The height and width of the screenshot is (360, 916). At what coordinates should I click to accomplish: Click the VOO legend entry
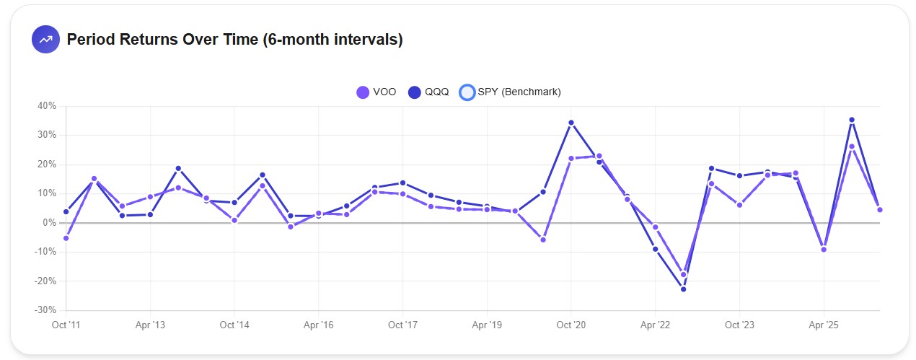point(376,92)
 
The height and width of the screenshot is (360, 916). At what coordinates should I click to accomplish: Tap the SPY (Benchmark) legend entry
point(510,92)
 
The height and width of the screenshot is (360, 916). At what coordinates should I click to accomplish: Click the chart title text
point(234,40)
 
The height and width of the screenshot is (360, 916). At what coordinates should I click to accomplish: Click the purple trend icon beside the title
point(45,40)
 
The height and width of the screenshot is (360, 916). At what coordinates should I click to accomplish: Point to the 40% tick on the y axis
point(47,106)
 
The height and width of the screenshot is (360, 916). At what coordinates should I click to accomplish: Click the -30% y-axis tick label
point(45,310)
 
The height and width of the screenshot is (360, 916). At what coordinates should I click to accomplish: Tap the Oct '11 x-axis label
point(66,325)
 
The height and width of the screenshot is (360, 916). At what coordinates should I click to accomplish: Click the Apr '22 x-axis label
point(655,325)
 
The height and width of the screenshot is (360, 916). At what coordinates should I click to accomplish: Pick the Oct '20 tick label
point(571,325)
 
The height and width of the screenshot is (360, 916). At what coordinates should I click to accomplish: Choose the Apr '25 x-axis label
point(824,325)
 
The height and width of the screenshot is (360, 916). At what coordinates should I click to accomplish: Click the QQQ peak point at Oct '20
point(571,123)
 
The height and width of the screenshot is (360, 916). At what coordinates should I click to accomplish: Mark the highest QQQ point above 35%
point(852,120)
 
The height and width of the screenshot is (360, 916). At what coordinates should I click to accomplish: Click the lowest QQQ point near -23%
point(683,289)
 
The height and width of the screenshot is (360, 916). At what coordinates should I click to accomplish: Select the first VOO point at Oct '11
point(66,238)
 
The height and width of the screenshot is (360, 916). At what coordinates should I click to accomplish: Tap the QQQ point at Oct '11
point(66,211)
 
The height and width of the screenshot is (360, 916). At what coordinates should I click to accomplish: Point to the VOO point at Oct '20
point(571,159)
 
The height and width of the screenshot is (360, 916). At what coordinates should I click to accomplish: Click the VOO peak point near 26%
point(852,146)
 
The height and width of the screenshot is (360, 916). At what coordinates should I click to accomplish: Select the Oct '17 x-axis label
point(402,325)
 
